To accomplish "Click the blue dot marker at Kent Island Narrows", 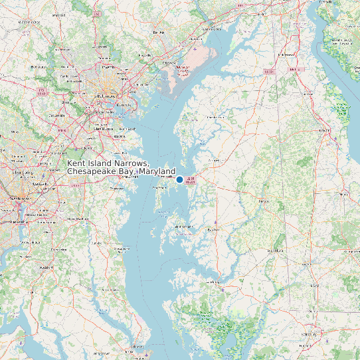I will (179, 179).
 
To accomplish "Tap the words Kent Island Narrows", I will (108, 163).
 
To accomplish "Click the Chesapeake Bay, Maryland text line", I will (122, 172).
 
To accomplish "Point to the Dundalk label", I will (124, 105).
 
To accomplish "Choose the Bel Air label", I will (158, 32).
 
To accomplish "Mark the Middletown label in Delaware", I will (288, 54).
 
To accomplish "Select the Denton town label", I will (264, 200).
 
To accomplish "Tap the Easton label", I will (214, 230).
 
